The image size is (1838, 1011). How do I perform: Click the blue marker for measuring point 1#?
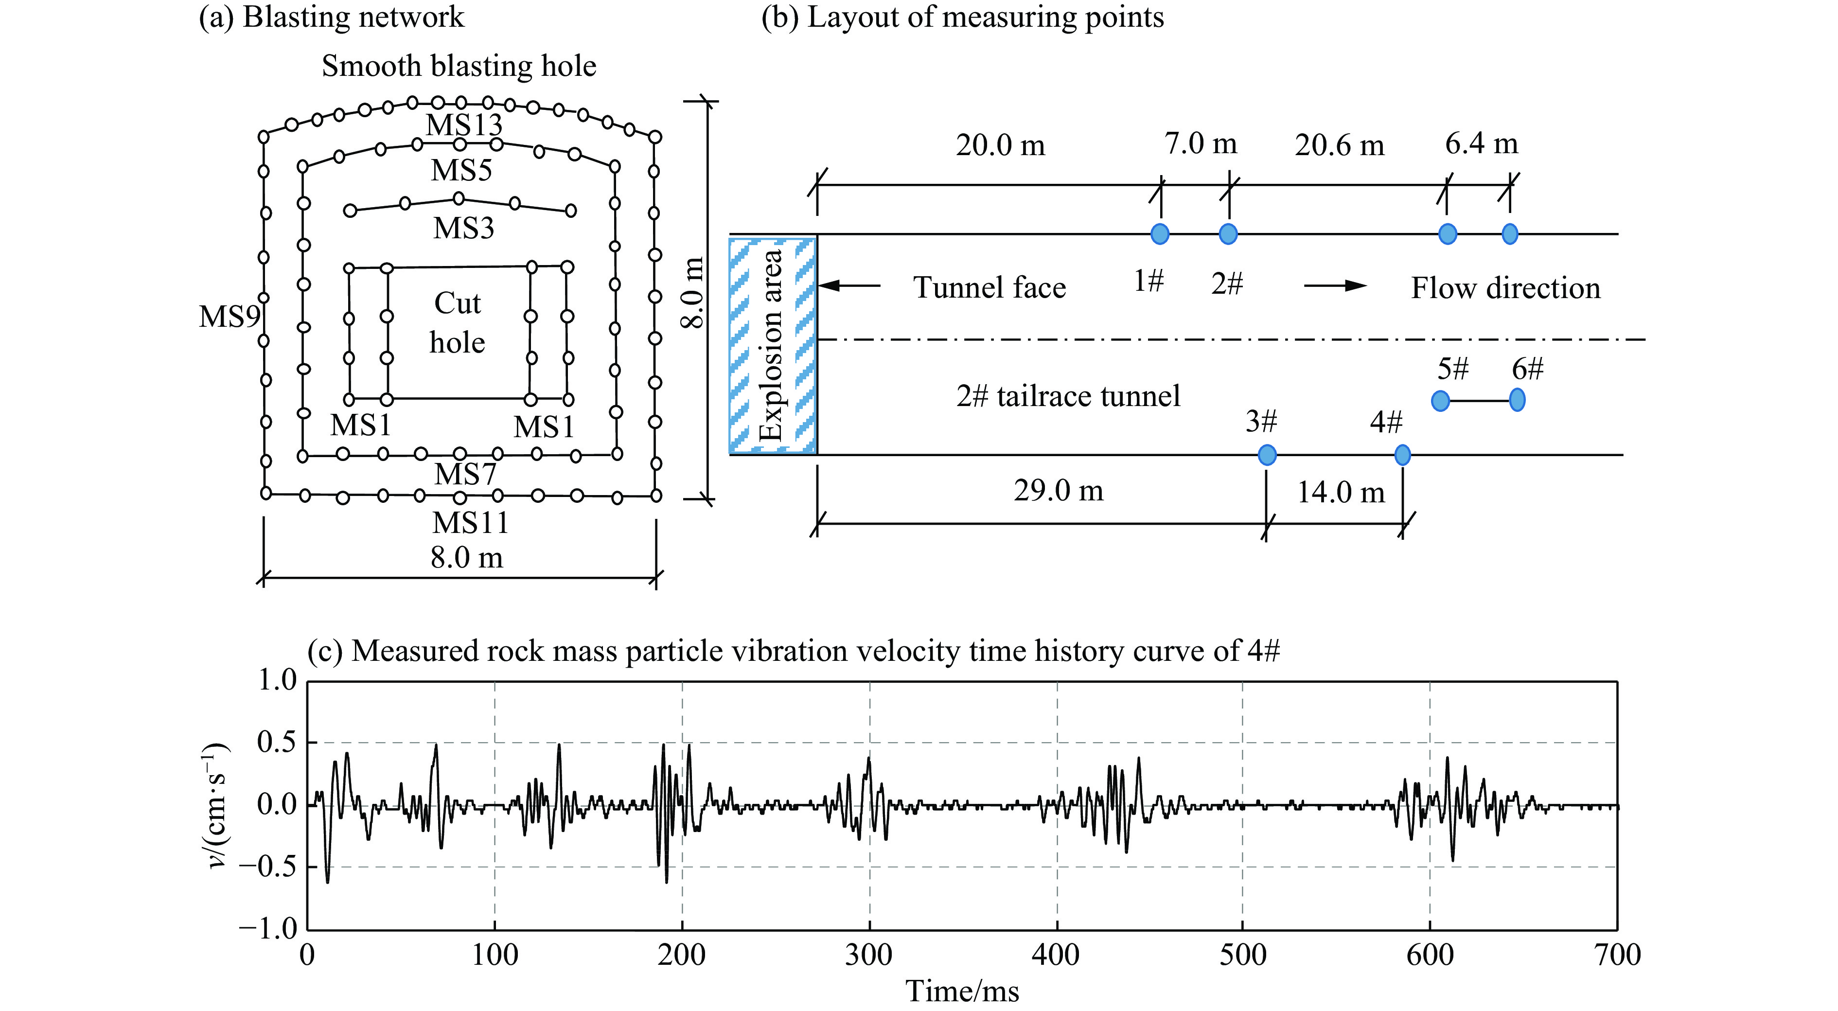click(x=1160, y=233)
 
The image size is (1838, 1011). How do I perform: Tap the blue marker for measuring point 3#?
click(x=1267, y=455)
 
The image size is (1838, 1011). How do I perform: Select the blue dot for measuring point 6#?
click(x=1517, y=400)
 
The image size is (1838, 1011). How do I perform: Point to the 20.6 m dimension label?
click(x=1339, y=145)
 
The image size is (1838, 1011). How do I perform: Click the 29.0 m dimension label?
click(x=1058, y=491)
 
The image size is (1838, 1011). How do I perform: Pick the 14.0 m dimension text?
click(x=1341, y=492)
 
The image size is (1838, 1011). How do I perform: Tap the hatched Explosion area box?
click(x=773, y=345)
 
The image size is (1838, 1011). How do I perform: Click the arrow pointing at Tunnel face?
click(x=849, y=286)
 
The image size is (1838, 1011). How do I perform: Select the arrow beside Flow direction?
click(x=1335, y=286)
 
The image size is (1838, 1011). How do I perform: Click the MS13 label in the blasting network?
click(x=464, y=125)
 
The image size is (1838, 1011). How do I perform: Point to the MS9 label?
click(x=229, y=317)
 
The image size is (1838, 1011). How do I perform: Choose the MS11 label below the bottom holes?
click(x=470, y=523)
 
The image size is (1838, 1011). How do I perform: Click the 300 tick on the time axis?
click(x=869, y=955)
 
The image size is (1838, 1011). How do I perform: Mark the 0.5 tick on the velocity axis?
click(x=276, y=743)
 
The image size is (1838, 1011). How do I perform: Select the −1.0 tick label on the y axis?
click(x=267, y=929)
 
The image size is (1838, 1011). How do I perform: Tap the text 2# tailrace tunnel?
click(x=1068, y=396)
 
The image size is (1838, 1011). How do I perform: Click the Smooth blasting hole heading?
click(x=459, y=66)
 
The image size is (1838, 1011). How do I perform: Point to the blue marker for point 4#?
click(x=1402, y=455)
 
